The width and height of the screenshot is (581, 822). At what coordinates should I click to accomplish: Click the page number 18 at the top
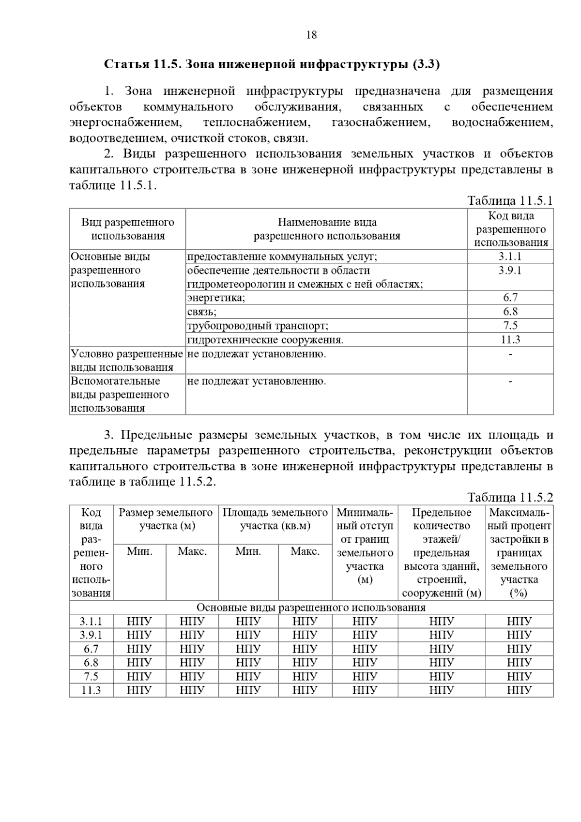pyautogui.click(x=311, y=35)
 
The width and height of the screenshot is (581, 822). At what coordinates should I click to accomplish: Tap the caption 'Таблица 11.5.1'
pyautogui.click(x=510, y=200)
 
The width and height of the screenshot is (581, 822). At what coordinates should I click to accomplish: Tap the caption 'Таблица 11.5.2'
pyautogui.click(x=510, y=497)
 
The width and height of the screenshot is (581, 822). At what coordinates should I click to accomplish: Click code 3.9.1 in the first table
pyautogui.click(x=510, y=271)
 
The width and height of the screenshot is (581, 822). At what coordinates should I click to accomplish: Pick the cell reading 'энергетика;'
pyautogui.click(x=216, y=298)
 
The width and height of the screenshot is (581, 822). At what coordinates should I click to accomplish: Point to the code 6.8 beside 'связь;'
pyautogui.click(x=510, y=312)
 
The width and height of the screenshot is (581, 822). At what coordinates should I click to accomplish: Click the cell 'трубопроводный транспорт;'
pyautogui.click(x=258, y=326)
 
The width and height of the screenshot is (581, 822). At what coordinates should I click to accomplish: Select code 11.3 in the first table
pyautogui.click(x=510, y=340)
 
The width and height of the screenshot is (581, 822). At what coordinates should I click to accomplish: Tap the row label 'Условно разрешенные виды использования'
pyautogui.click(x=127, y=361)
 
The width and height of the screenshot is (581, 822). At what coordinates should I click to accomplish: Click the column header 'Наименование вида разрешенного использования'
pyautogui.click(x=327, y=229)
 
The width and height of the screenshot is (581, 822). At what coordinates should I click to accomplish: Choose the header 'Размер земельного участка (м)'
pyautogui.click(x=166, y=519)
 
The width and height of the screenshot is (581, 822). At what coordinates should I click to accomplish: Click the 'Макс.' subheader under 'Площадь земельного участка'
pyautogui.click(x=305, y=551)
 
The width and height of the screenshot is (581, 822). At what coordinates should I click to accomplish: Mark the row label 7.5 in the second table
pyautogui.click(x=91, y=676)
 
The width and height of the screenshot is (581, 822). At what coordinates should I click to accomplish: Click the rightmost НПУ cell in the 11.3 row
pyautogui.click(x=519, y=690)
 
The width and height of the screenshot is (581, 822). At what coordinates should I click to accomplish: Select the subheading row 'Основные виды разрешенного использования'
pyautogui.click(x=311, y=608)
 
